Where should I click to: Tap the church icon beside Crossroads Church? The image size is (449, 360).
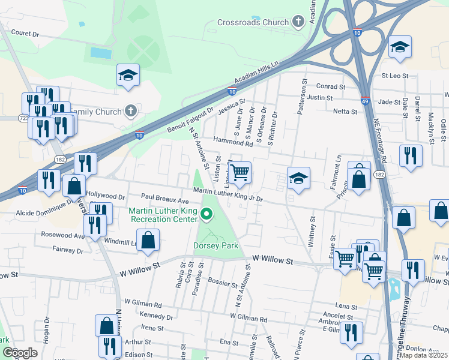[x=298, y=23]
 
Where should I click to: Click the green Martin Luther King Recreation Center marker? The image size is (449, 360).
[x=207, y=214]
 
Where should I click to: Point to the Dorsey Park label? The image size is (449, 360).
[x=215, y=245]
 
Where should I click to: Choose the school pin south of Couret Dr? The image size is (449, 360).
[x=128, y=75]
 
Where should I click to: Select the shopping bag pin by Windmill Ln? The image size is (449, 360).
[x=150, y=240]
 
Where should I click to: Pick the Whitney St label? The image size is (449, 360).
[x=312, y=232]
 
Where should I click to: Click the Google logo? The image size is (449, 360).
[x=20, y=353]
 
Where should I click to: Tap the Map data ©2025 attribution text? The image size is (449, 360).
[x=423, y=355]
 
